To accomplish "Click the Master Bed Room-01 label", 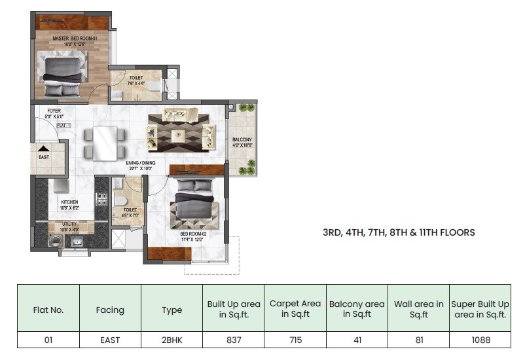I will click(70, 39).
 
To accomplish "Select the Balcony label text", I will click(242, 140).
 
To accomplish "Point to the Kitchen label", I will click(70, 202).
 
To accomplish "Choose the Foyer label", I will click(53, 111).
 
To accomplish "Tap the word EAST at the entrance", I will click(44, 158).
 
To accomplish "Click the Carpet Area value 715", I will click(295, 340).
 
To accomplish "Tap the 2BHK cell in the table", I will click(172, 340).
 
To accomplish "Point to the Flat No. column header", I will click(48, 310).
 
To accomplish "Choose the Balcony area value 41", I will click(357, 340).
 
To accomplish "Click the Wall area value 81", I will click(419, 340).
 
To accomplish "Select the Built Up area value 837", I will click(234, 340).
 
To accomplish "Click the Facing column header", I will click(110, 310).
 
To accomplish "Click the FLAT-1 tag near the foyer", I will click(64, 124).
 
